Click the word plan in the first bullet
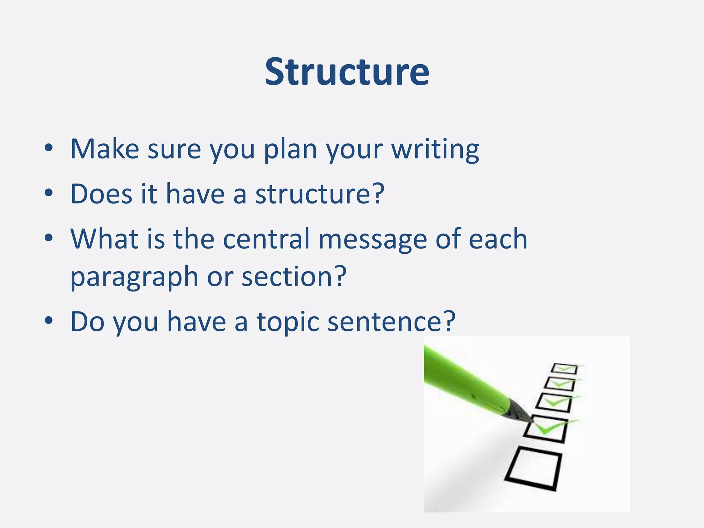pyautogui.click(x=290, y=150)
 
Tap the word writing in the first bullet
pyautogui.click(x=435, y=150)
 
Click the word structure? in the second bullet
pyautogui.click(x=320, y=194)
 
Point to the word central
pyautogui.click(x=266, y=239)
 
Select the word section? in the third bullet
pyautogui.click(x=294, y=276)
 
